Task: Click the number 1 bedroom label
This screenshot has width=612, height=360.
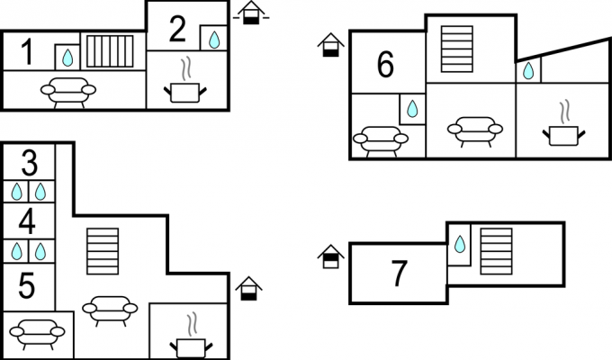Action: (26, 51)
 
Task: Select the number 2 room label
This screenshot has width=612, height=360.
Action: (177, 29)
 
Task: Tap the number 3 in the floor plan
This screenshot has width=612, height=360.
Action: (30, 162)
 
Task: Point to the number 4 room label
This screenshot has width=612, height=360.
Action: (27, 221)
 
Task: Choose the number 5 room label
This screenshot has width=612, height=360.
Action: (26, 286)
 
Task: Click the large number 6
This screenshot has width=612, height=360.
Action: (385, 65)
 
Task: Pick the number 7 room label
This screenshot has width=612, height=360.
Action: (399, 274)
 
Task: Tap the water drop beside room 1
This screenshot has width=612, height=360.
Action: (67, 58)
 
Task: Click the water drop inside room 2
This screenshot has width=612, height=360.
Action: (214, 40)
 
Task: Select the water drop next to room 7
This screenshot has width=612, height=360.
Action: (460, 244)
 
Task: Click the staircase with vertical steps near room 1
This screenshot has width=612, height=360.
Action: (110, 51)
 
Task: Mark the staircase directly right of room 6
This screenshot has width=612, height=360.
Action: (456, 49)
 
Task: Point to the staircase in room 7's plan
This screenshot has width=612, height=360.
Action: (496, 251)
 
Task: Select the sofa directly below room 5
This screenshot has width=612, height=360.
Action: (37, 334)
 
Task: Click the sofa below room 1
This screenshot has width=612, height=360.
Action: (68, 93)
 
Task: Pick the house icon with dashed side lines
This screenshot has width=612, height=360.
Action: (251, 13)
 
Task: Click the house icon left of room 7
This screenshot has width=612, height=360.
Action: (330, 256)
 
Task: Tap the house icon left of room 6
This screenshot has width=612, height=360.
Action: (330, 45)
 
